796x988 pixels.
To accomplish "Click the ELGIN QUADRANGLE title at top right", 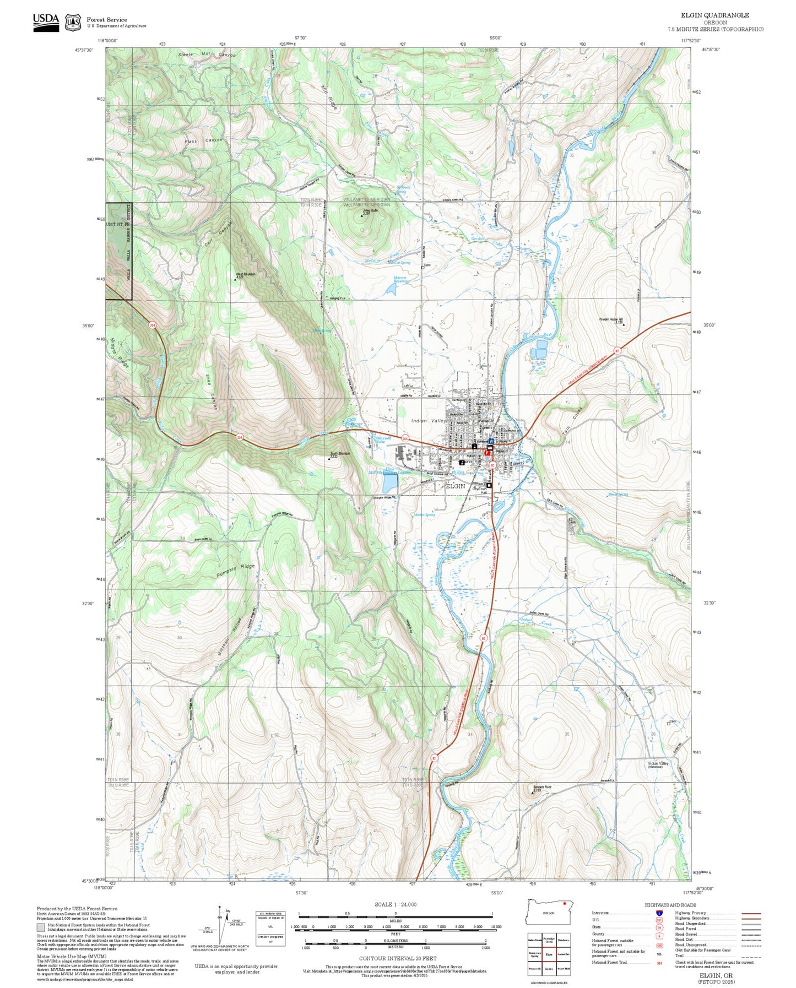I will tap(714, 15).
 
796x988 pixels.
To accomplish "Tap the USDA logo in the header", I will tap(46, 21).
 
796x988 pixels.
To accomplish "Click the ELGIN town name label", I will tap(455, 486).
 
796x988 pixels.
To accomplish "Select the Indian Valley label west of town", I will tap(428, 421).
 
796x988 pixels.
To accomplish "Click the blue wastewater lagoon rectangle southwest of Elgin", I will tap(389, 484).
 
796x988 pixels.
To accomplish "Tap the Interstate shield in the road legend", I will tap(659, 913).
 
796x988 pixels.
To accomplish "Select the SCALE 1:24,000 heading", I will tap(395, 904).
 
